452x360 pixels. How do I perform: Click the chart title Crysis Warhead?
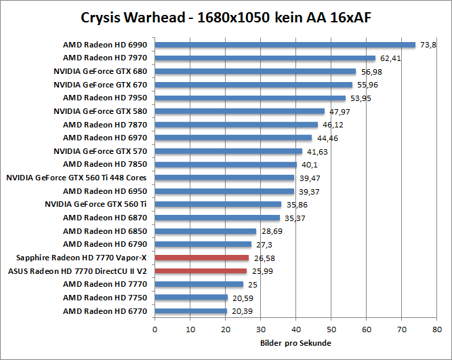tap(226, 16)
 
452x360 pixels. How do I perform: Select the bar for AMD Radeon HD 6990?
tap(285, 45)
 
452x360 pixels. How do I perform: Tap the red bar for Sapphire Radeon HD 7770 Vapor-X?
tap(202, 258)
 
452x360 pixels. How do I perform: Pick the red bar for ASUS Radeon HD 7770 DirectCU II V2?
tap(201, 271)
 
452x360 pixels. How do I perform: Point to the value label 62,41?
tap(390, 58)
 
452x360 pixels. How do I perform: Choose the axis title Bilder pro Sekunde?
tap(295, 343)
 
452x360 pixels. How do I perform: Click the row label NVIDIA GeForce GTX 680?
tap(100, 71)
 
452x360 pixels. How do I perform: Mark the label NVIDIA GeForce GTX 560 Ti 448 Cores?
tap(77, 178)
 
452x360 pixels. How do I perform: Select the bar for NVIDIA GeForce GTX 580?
tap(239, 111)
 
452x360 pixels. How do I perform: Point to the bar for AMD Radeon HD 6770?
tap(190, 311)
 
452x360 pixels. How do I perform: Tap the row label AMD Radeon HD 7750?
tap(105, 297)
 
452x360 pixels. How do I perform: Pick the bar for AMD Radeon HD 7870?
tap(236, 125)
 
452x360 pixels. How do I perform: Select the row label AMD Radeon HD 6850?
tap(105, 231)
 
